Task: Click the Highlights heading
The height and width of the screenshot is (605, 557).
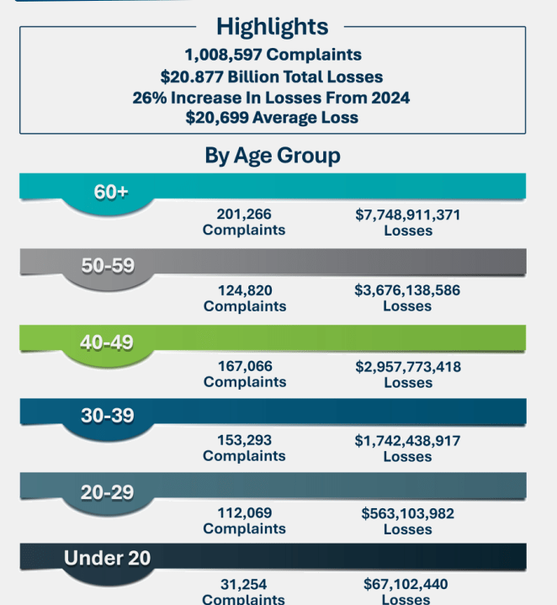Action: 272,25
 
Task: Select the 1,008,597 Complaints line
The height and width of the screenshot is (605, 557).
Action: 272,55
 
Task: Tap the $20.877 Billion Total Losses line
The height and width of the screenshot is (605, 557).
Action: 272,76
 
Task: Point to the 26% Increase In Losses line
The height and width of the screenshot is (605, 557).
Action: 272,97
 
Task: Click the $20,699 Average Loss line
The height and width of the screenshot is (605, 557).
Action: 272,118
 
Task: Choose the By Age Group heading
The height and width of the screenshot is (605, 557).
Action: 273,156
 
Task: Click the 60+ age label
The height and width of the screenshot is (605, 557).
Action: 111,192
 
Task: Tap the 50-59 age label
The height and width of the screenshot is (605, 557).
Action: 108,266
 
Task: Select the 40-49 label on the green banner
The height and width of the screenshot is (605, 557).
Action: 108,342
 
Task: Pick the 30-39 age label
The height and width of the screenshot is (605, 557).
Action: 108,416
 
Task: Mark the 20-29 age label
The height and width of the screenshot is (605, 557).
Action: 108,491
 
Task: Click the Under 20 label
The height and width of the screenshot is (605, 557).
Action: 108,557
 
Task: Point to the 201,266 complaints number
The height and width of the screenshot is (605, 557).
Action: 244,215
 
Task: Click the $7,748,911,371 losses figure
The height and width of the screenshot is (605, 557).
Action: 408,215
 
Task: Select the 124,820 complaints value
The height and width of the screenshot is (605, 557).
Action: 244,290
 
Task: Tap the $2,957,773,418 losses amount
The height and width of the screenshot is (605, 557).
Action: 408,367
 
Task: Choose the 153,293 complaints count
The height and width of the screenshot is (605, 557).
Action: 244,440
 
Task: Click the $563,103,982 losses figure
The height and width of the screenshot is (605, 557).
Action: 408,513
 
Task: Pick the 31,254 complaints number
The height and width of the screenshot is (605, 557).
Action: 244,584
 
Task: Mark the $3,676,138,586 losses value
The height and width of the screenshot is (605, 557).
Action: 408,290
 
